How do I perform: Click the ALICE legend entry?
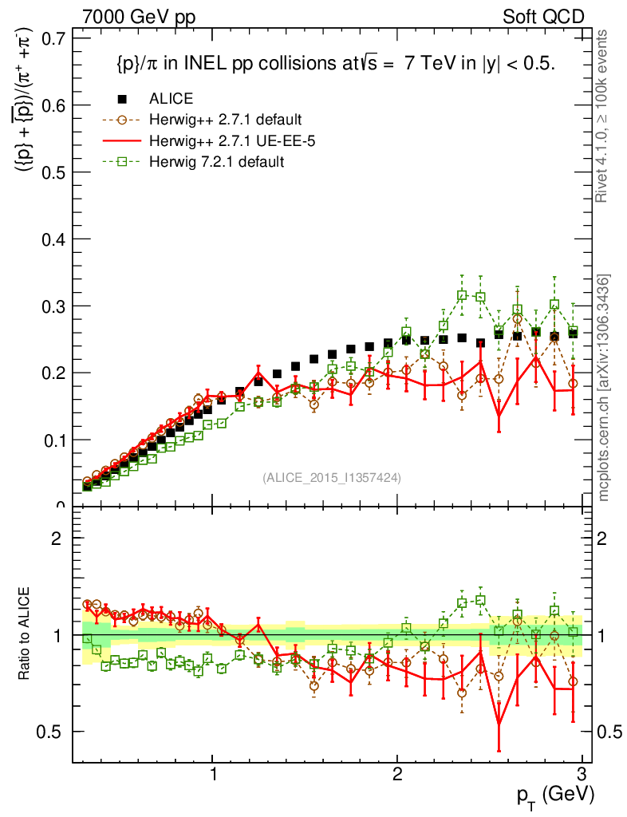pos(171,99)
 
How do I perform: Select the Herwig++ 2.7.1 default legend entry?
pos(224,120)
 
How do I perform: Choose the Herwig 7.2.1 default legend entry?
pos(216,161)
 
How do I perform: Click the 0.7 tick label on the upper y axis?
pos(53,38)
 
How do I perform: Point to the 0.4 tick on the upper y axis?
pos(53,239)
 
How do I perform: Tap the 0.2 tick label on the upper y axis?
pos(53,373)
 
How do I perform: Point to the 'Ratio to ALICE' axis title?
pos(26,634)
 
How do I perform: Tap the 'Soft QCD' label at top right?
pos(543,18)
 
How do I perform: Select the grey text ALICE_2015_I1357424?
pos(332,478)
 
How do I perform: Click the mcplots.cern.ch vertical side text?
pos(605,388)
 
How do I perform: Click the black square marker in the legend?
pos(122,99)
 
